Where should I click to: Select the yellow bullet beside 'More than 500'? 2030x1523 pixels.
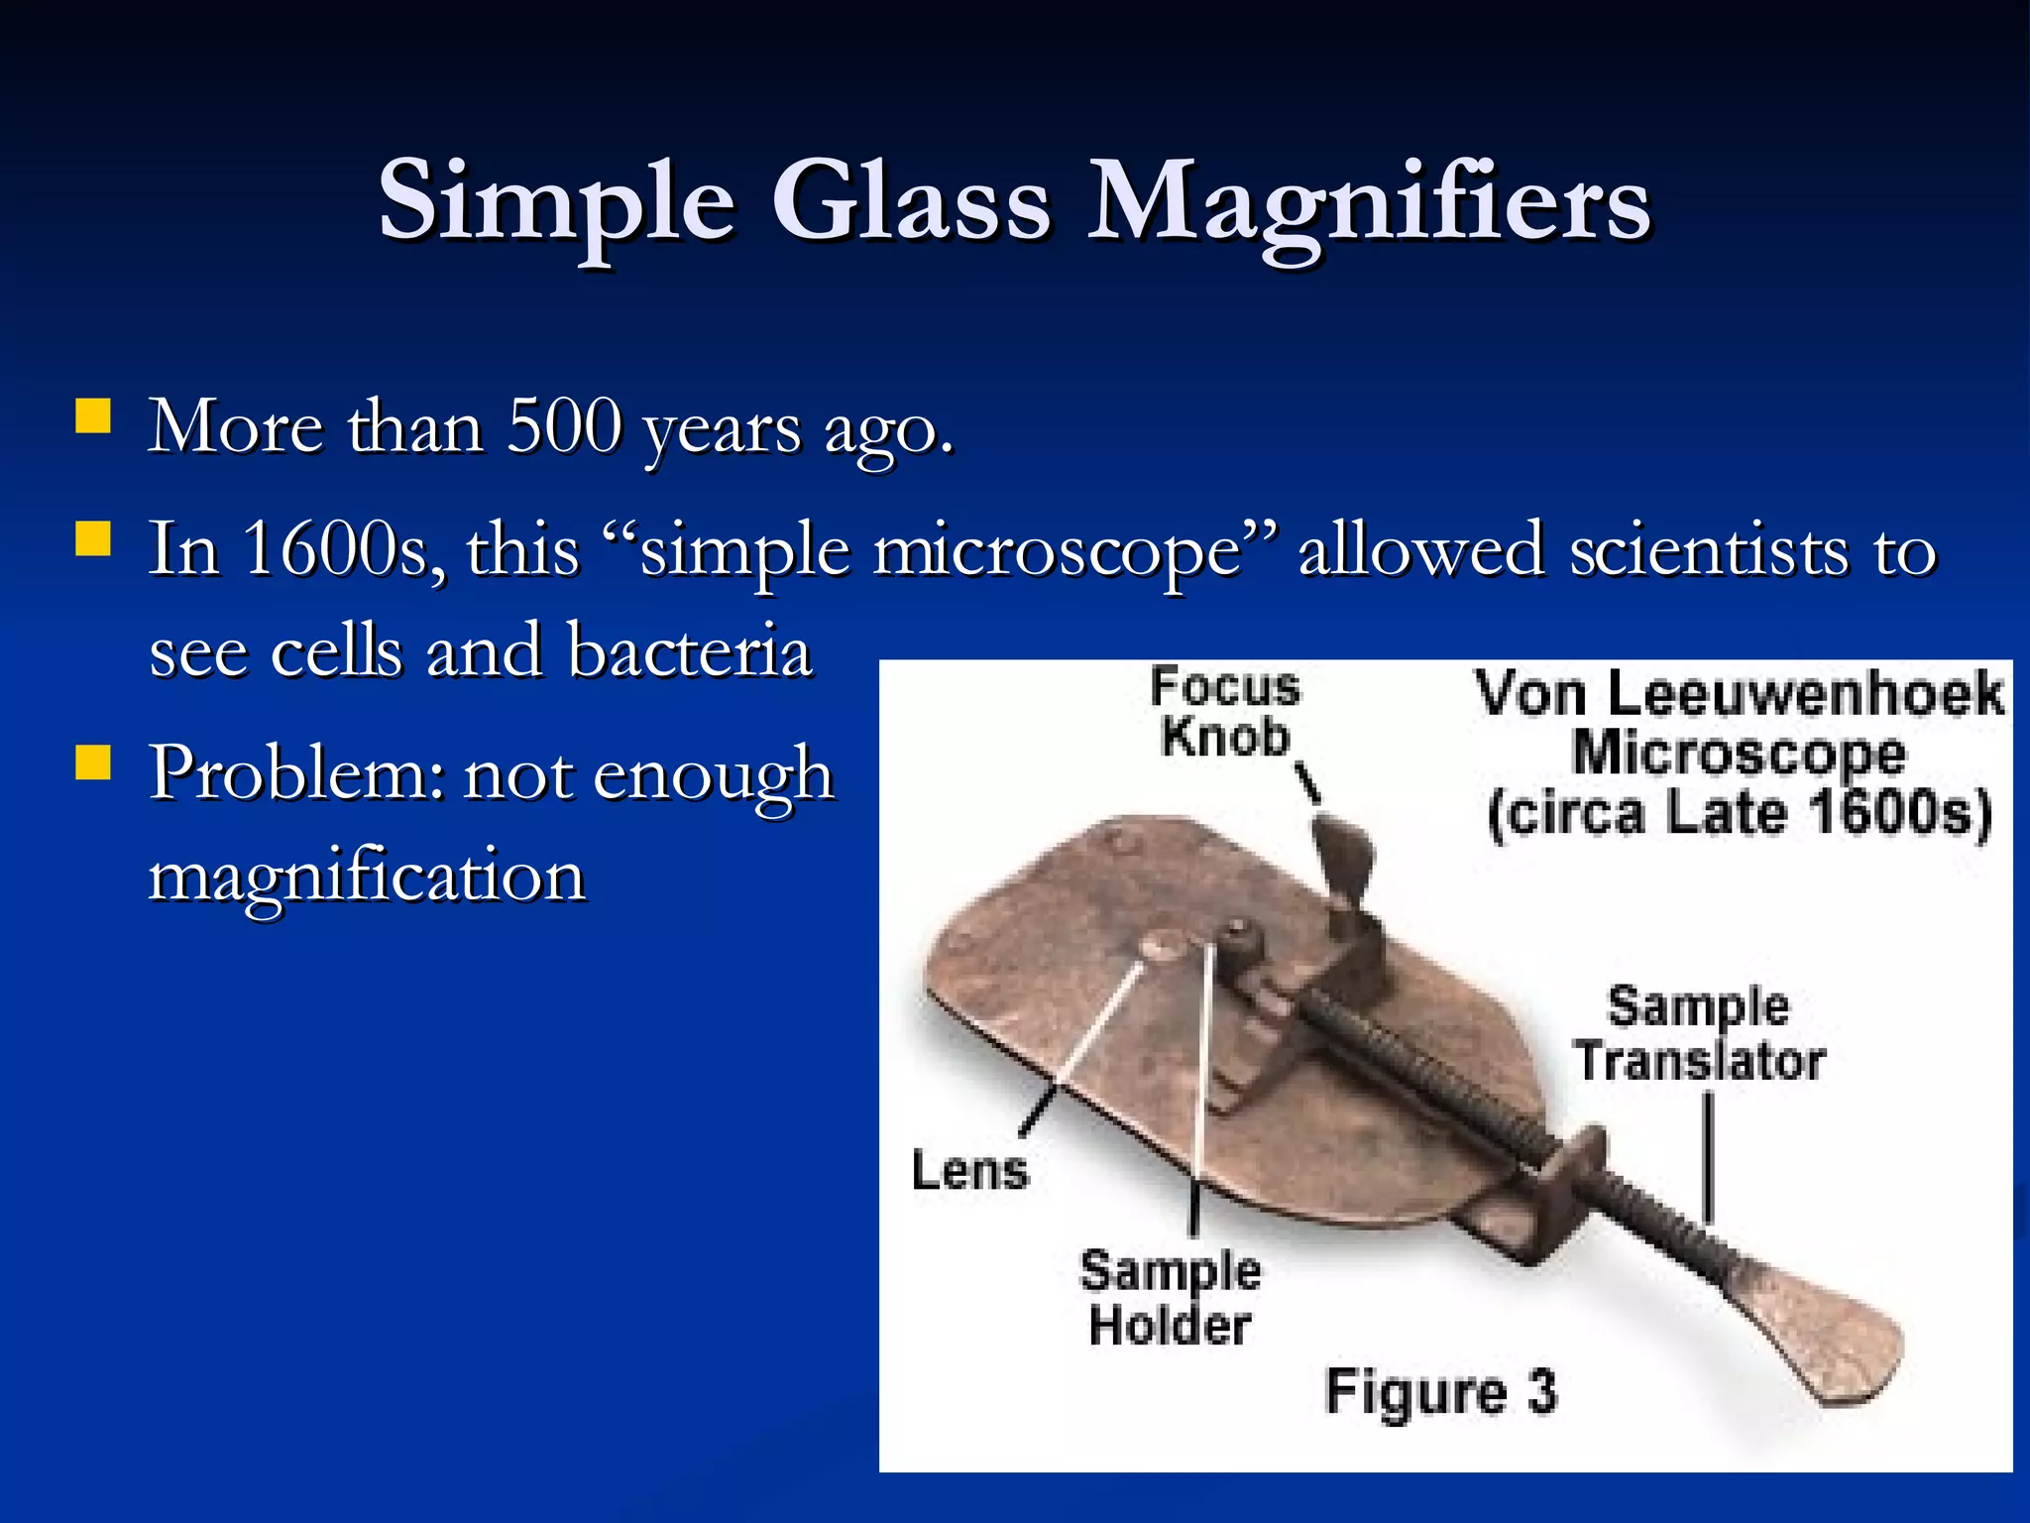(x=92, y=416)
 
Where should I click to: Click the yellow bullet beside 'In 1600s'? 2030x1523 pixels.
(x=92, y=540)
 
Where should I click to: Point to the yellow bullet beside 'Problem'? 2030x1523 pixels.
(x=92, y=763)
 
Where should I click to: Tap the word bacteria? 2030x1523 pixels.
(x=690, y=651)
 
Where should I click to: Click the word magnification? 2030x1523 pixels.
(x=368, y=877)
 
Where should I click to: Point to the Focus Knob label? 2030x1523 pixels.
(x=1225, y=712)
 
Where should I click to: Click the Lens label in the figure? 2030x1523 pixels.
(x=970, y=1170)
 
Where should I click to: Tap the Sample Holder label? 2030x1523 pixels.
(x=1170, y=1298)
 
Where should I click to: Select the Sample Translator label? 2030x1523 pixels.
(x=1699, y=1033)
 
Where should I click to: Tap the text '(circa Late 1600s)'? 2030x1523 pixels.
(x=1739, y=813)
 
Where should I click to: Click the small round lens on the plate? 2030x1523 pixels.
(x=1158, y=946)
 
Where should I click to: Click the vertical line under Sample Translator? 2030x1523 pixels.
(x=1707, y=1155)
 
